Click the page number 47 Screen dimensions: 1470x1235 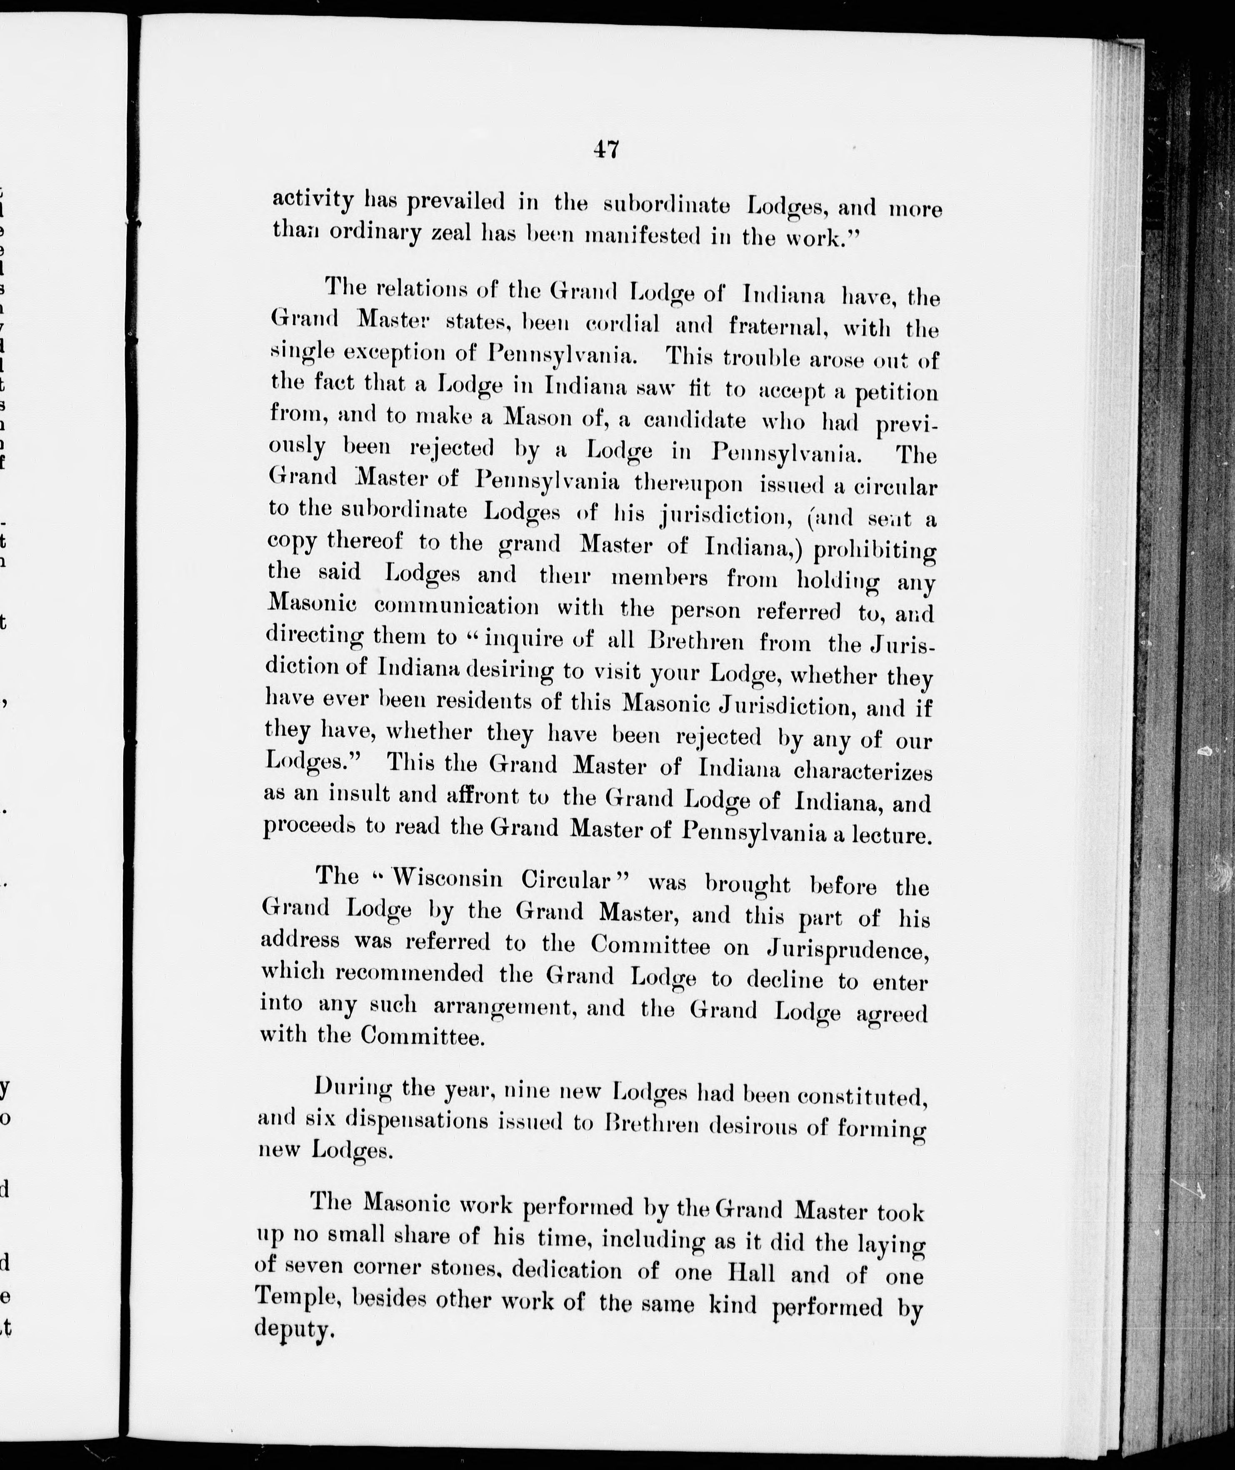(605, 150)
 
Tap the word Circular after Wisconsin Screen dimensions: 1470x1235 (569, 880)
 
